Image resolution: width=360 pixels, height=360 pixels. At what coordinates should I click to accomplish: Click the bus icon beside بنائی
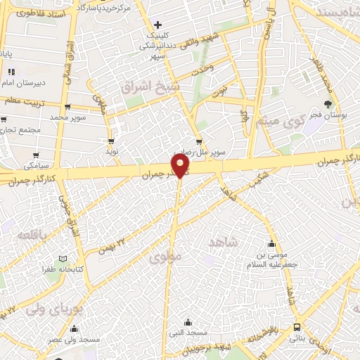point(297,328)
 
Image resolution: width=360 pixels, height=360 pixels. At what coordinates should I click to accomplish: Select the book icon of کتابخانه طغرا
point(64,259)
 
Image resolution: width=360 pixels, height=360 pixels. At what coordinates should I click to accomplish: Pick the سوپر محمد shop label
point(67,117)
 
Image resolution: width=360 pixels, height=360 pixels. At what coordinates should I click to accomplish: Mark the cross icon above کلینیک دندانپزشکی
point(158,25)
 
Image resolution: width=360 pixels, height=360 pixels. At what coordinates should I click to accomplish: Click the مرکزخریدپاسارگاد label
point(101,8)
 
